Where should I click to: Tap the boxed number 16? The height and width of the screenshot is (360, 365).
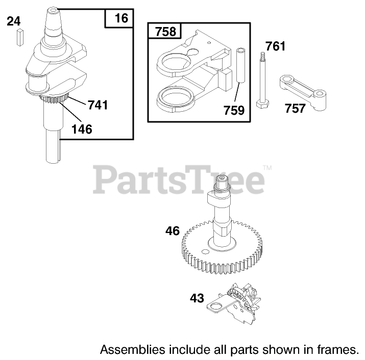pos(121,19)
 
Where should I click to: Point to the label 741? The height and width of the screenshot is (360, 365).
pos(98,105)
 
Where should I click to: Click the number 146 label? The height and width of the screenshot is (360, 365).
pos(82,129)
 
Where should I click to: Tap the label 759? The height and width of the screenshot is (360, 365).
pos(234,110)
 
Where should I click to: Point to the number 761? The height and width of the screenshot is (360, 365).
pos(276,47)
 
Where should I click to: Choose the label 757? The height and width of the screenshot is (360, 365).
pos(295,108)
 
